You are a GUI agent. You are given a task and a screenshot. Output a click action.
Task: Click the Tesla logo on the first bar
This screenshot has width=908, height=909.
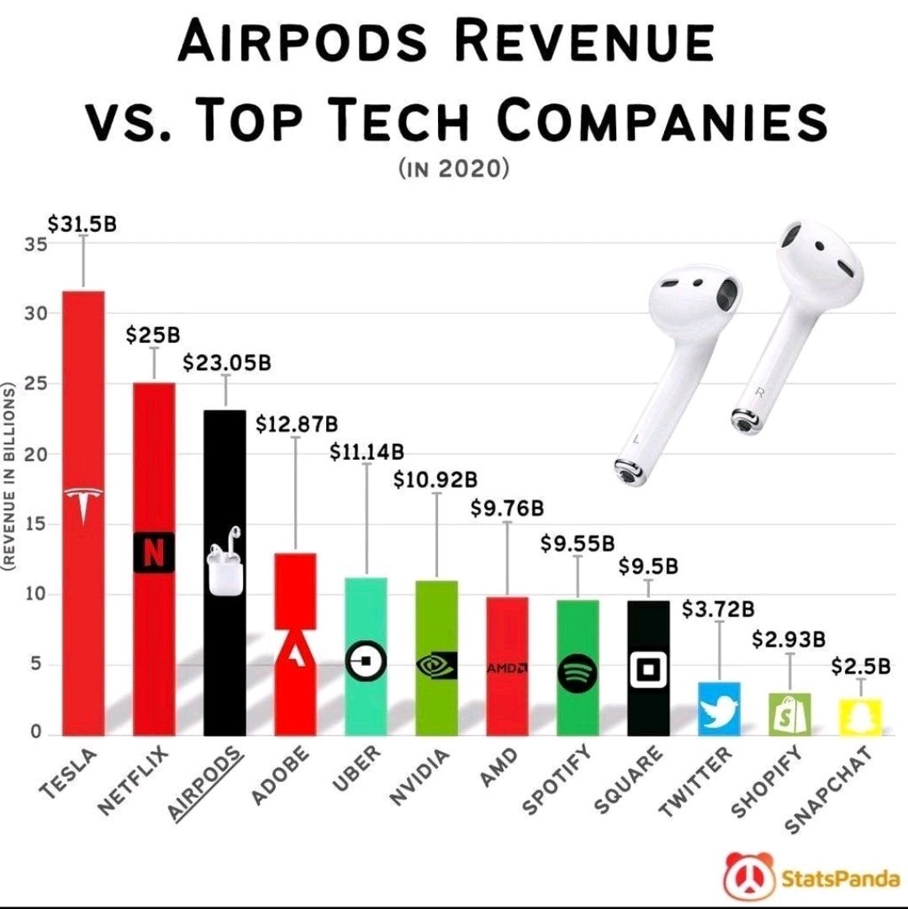82,504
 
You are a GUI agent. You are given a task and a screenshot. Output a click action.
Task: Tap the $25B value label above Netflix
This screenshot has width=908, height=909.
153,335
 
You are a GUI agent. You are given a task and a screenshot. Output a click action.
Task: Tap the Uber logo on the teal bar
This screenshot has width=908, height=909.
366,661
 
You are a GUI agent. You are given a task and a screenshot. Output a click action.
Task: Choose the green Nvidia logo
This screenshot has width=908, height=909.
436,664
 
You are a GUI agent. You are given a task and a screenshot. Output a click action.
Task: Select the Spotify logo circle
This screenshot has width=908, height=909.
578,672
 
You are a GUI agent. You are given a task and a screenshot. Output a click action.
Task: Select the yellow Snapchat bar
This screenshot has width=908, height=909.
859,716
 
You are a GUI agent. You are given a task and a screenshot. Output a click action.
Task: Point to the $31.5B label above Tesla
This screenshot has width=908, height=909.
82,225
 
